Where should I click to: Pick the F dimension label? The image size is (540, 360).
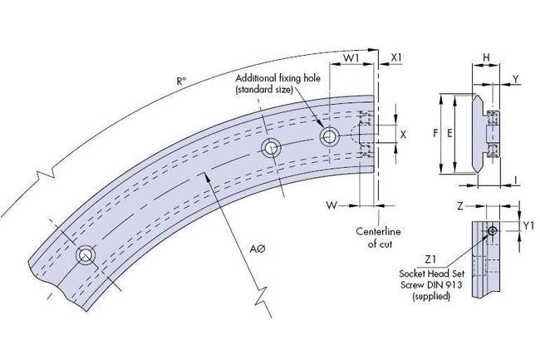point(437,132)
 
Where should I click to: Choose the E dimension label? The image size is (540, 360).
point(449,132)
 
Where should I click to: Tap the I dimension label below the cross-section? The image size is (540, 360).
point(516,179)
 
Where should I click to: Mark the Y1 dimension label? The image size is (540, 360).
point(529,225)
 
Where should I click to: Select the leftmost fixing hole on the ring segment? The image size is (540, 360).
point(85,254)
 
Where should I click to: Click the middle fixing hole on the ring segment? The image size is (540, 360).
point(271,149)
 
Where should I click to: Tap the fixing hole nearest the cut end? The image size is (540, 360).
point(329,136)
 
